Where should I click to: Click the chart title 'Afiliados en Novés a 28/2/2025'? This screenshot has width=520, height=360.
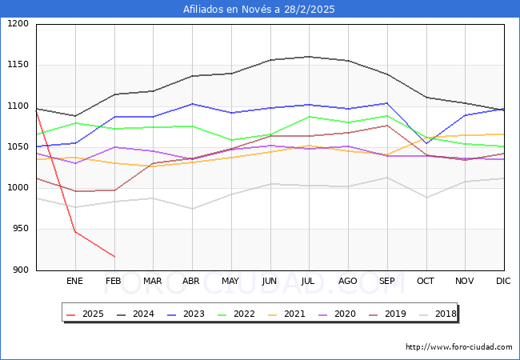[259, 10]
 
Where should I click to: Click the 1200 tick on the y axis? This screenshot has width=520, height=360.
[18, 24]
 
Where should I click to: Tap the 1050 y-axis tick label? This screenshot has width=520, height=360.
[18, 147]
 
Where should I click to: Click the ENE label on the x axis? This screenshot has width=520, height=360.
[74, 281]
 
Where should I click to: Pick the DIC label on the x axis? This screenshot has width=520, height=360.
[503, 281]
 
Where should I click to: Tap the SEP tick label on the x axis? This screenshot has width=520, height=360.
[386, 281]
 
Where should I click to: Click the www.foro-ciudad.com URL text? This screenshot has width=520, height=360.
[458, 347]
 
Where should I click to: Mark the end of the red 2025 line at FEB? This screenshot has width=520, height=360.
[114, 257]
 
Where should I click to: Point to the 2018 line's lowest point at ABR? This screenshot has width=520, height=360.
[192, 209]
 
